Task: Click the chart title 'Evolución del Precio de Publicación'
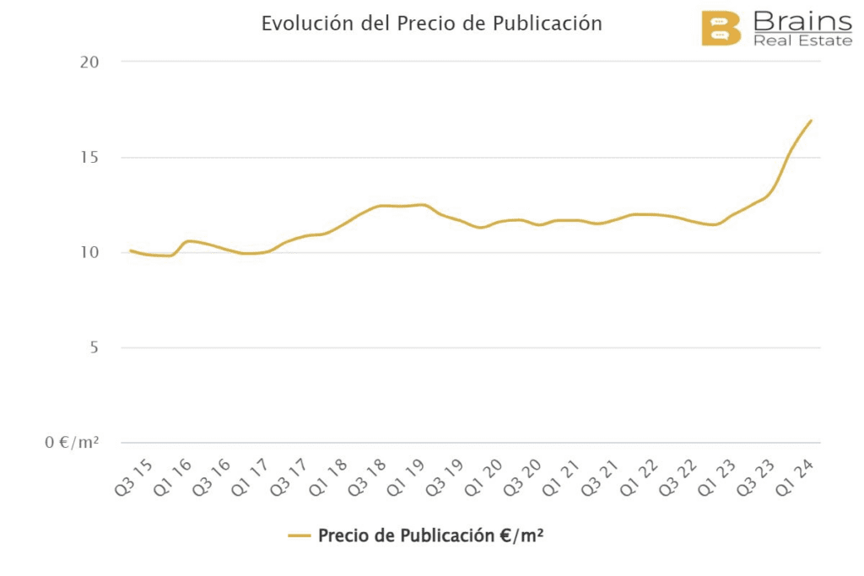pos(431,24)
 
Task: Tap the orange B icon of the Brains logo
pos(721,28)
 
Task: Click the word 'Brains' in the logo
pos(802,20)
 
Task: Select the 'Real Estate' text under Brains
pos(802,40)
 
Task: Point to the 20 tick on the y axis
pos(90,62)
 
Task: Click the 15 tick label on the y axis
pos(90,158)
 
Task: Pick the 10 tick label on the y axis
pos(90,253)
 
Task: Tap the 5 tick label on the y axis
pos(94,348)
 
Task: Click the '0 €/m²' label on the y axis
pos(72,443)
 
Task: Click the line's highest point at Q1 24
pos(811,121)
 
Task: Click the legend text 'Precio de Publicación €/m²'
pos(430,536)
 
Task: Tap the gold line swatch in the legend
pos(300,536)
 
